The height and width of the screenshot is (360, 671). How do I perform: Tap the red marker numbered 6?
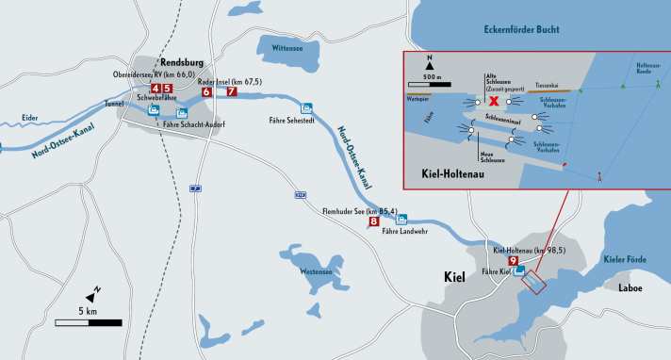pyautogui.click(x=206, y=92)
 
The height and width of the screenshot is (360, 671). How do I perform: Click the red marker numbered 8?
pyautogui.click(x=374, y=222)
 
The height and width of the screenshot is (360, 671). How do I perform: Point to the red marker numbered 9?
pyautogui.click(x=513, y=261)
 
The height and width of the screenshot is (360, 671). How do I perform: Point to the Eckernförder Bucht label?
pyautogui.click(x=529, y=30)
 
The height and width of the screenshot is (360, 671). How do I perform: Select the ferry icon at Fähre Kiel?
pyautogui.click(x=519, y=271)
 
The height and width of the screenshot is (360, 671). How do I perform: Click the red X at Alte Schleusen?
pyautogui.click(x=493, y=99)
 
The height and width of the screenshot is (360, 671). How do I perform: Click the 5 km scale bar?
pyautogui.click(x=88, y=322)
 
